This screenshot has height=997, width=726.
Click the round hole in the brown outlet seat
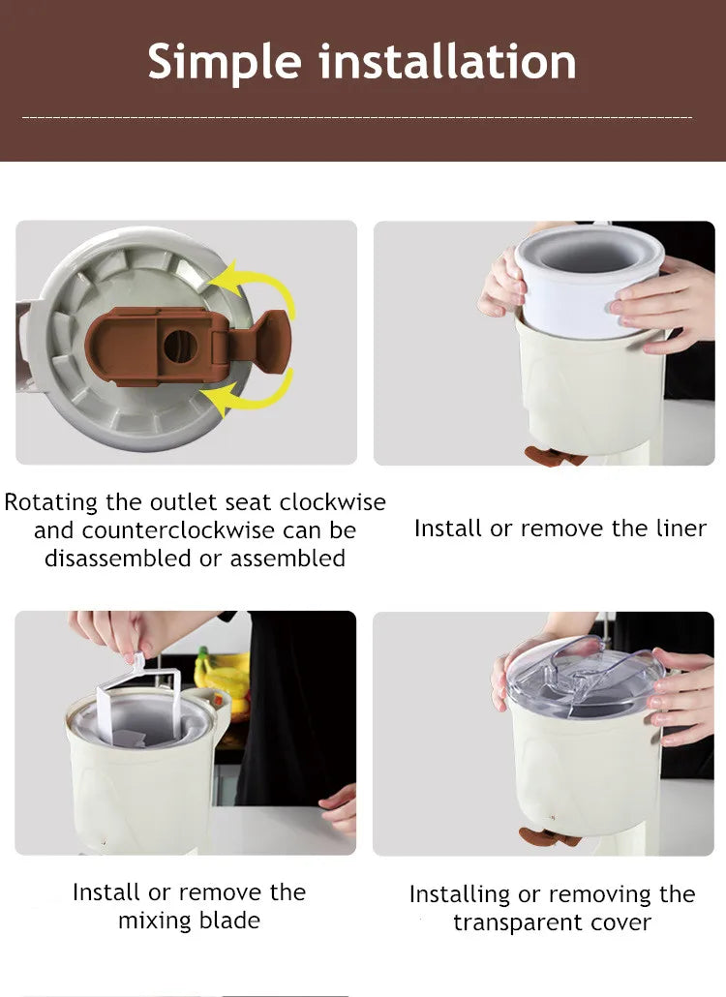coord(178,347)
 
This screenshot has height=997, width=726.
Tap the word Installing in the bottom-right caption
coord(472,894)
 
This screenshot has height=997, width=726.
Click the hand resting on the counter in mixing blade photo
coord(340,808)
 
